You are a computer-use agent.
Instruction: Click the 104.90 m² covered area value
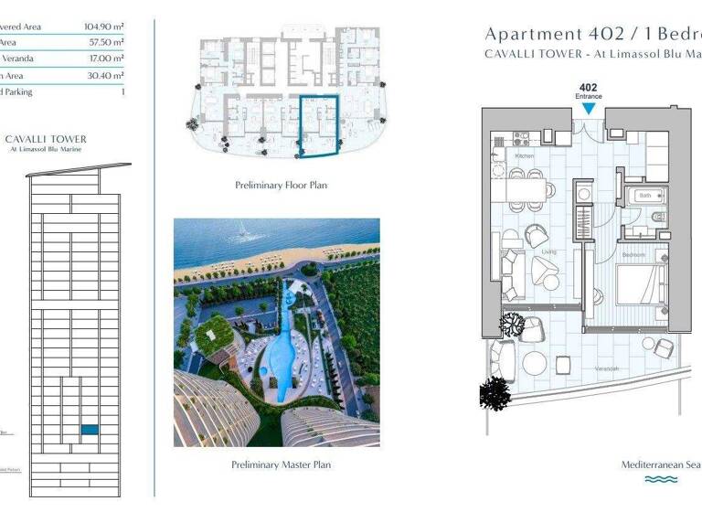tap(104, 26)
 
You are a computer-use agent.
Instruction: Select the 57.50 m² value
tap(107, 42)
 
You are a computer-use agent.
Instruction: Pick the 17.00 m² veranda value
tap(107, 59)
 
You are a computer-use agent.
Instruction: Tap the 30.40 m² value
tap(107, 75)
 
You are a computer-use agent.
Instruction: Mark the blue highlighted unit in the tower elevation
tap(90, 429)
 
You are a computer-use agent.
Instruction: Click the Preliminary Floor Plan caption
tap(282, 186)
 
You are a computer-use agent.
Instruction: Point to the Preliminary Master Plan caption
tap(282, 464)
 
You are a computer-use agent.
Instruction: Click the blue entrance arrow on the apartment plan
tap(589, 108)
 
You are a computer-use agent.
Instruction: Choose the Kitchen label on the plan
tap(525, 156)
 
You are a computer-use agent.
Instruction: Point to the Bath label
tap(644, 195)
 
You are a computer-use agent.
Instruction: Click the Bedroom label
tap(633, 253)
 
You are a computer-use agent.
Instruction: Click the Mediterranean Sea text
tap(661, 464)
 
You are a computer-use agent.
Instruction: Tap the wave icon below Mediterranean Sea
tap(661, 479)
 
